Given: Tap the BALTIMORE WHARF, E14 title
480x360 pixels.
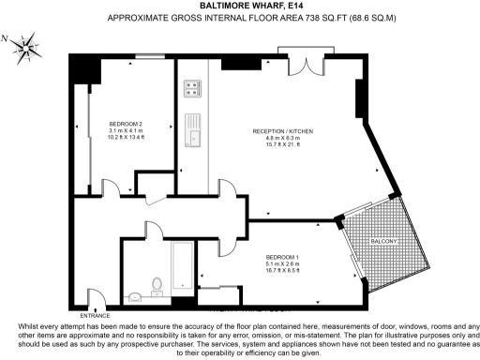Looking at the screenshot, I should (x=239, y=6).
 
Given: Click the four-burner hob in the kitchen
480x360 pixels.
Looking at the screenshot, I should (x=193, y=89).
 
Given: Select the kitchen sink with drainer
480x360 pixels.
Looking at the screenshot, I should (x=194, y=129).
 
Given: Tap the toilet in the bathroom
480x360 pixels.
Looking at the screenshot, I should (x=157, y=284).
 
